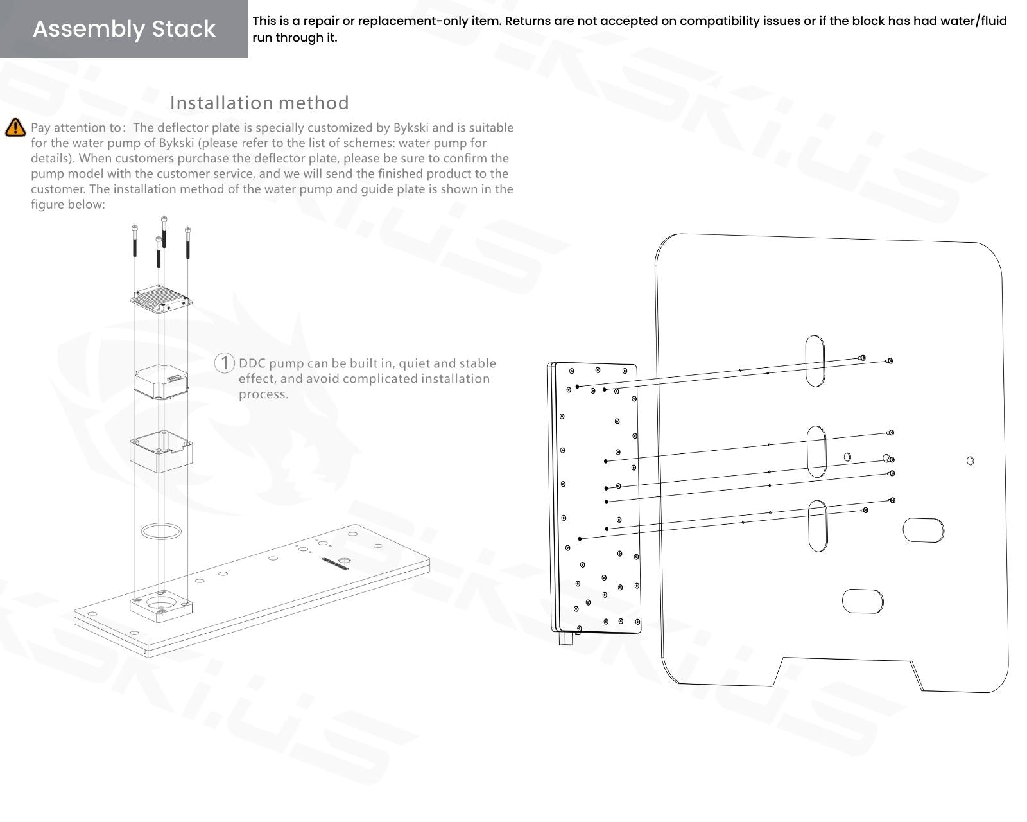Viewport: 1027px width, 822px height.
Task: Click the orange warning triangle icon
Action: [15, 128]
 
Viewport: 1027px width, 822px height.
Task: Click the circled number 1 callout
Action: [224, 363]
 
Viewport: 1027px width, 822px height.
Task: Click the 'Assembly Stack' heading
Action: [124, 29]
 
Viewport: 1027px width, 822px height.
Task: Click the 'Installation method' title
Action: [259, 103]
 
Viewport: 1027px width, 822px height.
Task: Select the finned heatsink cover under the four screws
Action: [162, 299]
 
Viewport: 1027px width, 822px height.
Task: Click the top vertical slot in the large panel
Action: [815, 360]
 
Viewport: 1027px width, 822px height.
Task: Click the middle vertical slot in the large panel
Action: [816, 451]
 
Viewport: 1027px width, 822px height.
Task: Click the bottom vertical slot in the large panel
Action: [817, 526]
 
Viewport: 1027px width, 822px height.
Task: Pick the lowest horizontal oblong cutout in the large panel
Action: [863, 600]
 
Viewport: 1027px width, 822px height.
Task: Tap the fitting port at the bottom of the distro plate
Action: [566, 640]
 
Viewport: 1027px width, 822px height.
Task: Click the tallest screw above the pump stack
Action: [164, 231]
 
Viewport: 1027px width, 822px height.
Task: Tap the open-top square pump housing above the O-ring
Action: [161, 452]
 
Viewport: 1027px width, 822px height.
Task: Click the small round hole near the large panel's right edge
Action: [970, 460]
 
